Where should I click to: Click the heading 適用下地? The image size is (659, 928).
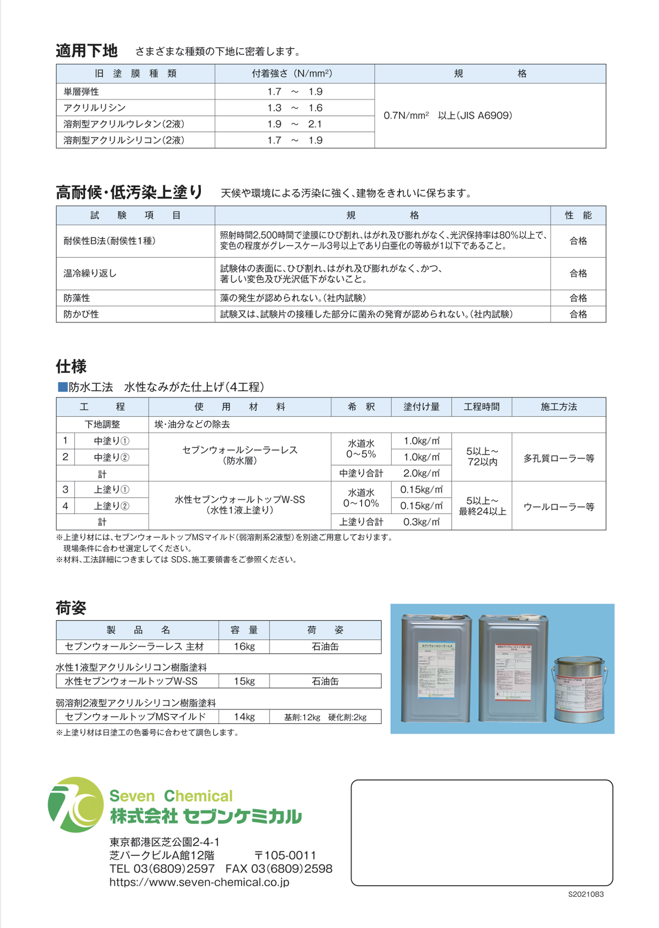pyautogui.click(x=86, y=51)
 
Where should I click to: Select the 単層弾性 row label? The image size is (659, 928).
pyautogui.click(x=81, y=92)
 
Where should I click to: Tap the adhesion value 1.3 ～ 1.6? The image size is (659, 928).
pyautogui.click(x=295, y=108)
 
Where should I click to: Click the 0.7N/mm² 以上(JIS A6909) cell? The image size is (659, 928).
pyautogui.click(x=448, y=115)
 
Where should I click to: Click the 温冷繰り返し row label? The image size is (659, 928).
pyautogui.click(x=90, y=273)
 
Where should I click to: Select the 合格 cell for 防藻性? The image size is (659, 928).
pyautogui.click(x=578, y=298)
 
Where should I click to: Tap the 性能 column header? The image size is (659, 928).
pyautogui.click(x=578, y=215)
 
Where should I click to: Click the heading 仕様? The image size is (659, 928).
pyautogui.click(x=71, y=366)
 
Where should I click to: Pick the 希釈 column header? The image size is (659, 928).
pyautogui.click(x=361, y=407)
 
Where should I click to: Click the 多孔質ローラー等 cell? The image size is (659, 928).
pyautogui.click(x=559, y=458)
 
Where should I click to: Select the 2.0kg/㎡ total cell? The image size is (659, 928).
pyautogui.click(x=422, y=473)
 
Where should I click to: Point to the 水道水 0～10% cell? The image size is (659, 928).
pyautogui.click(x=361, y=498)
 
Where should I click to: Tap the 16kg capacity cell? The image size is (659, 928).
pyautogui.click(x=244, y=646)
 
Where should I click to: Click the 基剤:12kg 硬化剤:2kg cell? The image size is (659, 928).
pyautogui.click(x=325, y=717)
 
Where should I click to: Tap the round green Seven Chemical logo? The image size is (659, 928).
pyautogui.click(x=76, y=804)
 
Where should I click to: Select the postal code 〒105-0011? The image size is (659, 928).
pyautogui.click(x=285, y=855)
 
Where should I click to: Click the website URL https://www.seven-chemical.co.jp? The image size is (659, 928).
pyautogui.click(x=199, y=882)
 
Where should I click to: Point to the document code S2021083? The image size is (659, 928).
pyautogui.click(x=586, y=894)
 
